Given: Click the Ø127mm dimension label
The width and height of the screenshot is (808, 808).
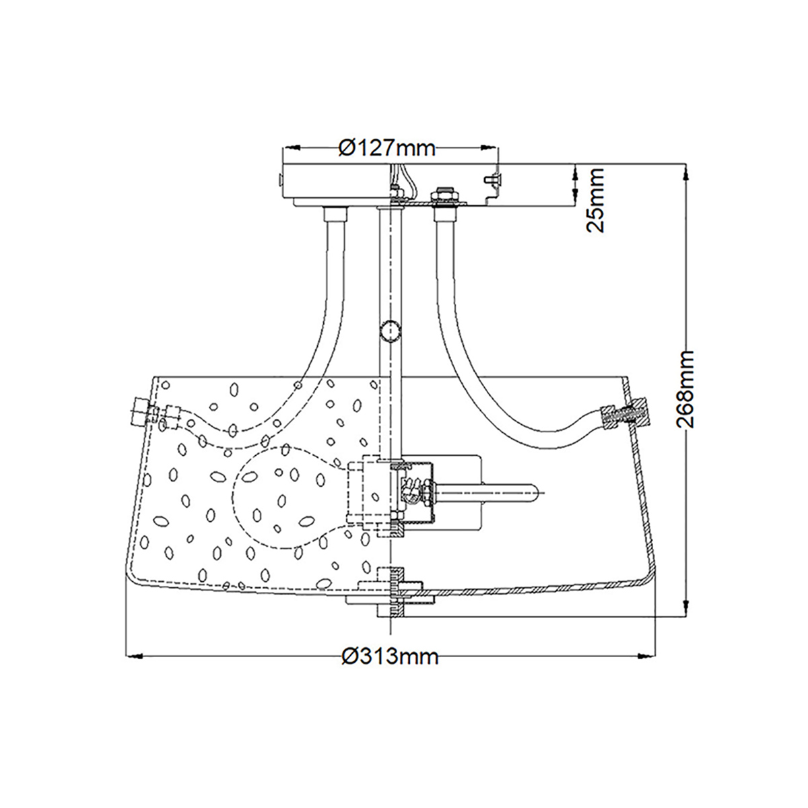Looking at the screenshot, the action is [x=387, y=147].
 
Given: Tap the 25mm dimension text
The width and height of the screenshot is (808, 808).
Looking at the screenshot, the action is [x=595, y=200].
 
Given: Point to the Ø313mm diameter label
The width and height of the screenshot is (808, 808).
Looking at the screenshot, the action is [x=390, y=656].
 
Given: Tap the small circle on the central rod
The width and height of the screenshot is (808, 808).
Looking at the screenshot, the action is [x=390, y=331].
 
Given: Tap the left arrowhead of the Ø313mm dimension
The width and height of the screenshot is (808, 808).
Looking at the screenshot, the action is [x=134, y=656].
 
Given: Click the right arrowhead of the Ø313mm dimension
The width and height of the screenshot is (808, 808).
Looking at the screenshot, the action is [x=647, y=656].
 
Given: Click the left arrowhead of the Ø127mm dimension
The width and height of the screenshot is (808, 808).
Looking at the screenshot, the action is [x=292, y=147].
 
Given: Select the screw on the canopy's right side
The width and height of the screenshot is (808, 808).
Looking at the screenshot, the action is [x=492, y=179].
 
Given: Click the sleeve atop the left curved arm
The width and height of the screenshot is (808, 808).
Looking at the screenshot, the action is [x=336, y=214].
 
